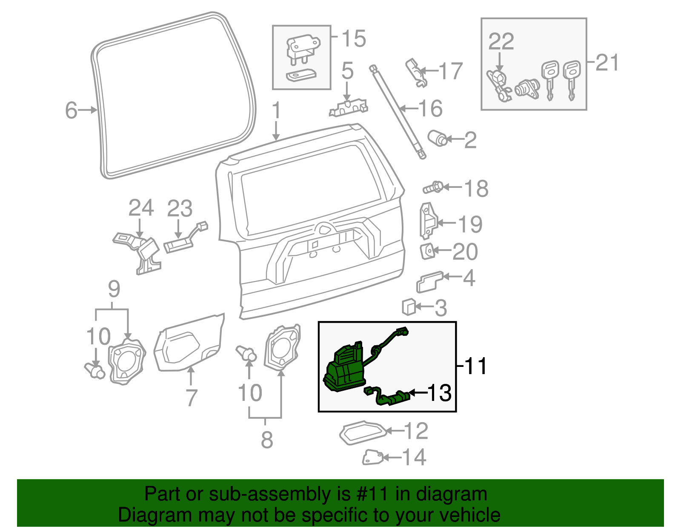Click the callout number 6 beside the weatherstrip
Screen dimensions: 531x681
(71, 110)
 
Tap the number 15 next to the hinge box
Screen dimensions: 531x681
(353, 39)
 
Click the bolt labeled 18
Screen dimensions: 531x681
(433, 187)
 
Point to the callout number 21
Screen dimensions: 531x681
(607, 62)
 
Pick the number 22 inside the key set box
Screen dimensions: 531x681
(501, 42)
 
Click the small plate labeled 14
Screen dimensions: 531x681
(372, 457)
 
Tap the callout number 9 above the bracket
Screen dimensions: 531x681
(114, 289)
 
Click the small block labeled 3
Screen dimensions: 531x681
(409, 307)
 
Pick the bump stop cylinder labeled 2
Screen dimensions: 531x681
(437, 138)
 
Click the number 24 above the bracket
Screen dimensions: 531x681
(141, 208)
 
